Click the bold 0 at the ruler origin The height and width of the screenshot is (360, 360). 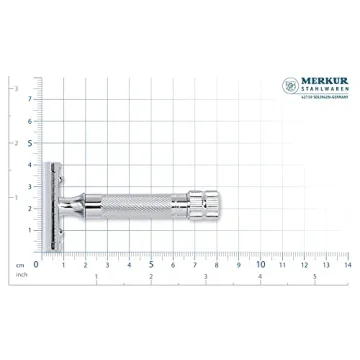37,264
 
